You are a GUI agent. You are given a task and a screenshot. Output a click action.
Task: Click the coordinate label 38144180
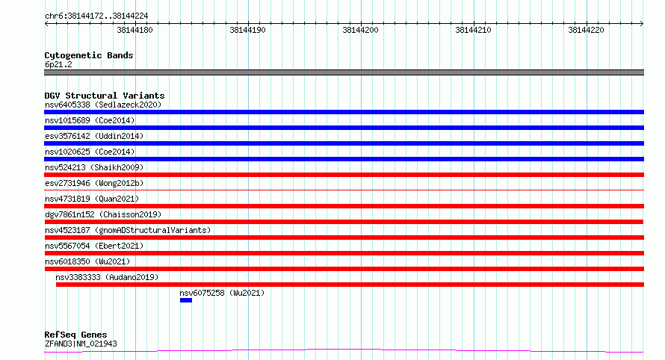[134, 30]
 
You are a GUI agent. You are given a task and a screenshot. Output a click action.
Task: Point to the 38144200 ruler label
[360, 30]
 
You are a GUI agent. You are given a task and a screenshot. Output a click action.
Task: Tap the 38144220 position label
[586, 30]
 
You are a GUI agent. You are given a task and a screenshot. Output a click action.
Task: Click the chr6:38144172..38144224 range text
[96, 16]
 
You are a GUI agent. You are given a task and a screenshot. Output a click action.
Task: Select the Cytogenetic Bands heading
[89, 55]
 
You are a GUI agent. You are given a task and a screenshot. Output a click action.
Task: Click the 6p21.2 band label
[58, 64]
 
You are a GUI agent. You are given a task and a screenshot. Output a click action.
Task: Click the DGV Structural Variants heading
[105, 96]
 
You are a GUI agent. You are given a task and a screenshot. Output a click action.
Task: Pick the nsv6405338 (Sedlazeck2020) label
[103, 105]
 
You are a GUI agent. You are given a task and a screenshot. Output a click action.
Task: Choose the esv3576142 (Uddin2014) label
[94, 136]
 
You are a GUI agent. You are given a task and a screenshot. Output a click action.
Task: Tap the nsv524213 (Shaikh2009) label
[94, 167]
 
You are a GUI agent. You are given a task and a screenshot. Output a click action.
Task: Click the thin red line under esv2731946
[344, 190]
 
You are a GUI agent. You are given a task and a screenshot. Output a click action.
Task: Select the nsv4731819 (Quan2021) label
[92, 199]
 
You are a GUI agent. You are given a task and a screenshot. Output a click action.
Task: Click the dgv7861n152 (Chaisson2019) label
[103, 214]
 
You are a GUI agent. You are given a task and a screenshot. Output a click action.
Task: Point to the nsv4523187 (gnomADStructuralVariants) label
[128, 230]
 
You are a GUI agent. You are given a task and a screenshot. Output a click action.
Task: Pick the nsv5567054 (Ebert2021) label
[94, 246]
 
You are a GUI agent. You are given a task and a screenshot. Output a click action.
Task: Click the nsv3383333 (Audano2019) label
[107, 277]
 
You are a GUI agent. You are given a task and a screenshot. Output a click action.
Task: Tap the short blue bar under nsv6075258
[186, 300]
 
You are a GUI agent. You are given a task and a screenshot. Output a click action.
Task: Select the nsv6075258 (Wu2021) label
[222, 293]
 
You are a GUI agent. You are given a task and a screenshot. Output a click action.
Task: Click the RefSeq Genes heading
[75, 335]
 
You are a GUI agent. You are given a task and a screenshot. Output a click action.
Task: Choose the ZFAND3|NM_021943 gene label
[81, 344]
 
